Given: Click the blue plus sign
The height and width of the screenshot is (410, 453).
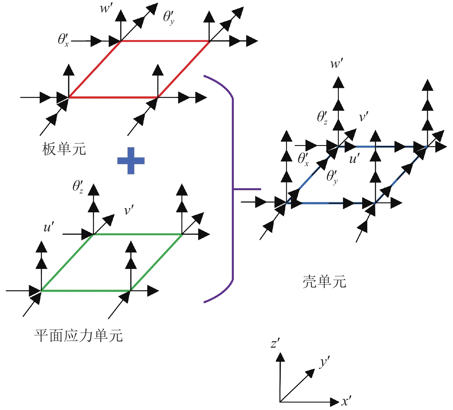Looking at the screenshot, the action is tap(131, 161).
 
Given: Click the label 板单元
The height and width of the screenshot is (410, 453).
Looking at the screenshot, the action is tap(64, 149).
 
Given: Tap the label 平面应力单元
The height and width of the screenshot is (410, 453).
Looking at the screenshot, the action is tap(79, 335).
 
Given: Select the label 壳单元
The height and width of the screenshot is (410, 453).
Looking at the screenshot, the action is tap(324, 282).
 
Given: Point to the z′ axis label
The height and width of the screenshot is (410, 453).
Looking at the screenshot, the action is tap(275, 344).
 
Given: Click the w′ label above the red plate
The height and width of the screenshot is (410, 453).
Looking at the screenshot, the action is tap(106, 8).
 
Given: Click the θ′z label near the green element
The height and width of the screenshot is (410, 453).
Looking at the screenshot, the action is tap(78, 187).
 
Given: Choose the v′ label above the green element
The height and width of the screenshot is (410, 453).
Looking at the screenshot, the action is tap(129, 211).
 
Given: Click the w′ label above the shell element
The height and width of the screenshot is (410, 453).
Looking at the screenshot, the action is tap(337, 63).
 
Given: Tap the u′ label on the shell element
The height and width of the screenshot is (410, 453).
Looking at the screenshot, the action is tap(354, 159).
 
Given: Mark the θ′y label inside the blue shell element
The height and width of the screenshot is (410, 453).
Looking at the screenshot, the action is tap(332, 176).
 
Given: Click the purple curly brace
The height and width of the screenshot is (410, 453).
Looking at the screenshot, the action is tap(233, 189).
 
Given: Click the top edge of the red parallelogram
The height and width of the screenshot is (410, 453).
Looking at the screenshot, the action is tap(165, 41).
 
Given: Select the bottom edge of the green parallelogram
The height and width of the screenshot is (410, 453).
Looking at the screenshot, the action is tap(86, 291).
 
